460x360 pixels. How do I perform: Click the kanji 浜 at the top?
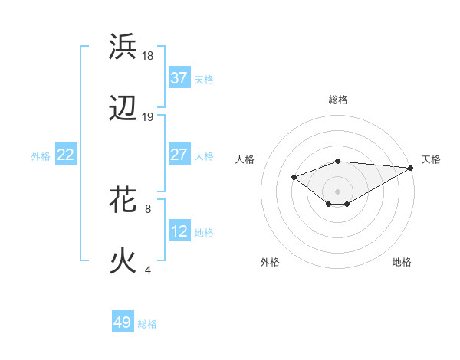[x=123, y=47]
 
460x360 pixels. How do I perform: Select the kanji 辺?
[x=123, y=109]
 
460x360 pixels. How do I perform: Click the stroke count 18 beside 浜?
[x=148, y=55]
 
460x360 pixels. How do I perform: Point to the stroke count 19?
[x=148, y=117]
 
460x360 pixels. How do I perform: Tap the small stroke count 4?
[x=148, y=270]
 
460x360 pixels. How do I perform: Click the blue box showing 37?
[x=179, y=78]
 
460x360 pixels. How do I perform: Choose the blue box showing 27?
[x=179, y=155]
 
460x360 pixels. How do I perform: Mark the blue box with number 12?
[x=179, y=231]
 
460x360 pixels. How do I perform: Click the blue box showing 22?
[x=66, y=155]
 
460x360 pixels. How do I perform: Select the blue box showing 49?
[x=123, y=322]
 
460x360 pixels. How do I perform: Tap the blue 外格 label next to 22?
[x=41, y=156]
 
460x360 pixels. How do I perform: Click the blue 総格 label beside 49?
[x=147, y=324]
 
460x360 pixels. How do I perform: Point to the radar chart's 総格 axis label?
[x=337, y=100]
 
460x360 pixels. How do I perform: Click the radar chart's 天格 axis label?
[x=431, y=159]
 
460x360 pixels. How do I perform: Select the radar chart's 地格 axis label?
[x=402, y=262]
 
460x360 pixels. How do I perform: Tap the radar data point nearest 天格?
[x=411, y=168]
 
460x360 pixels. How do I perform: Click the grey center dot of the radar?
[x=337, y=191]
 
